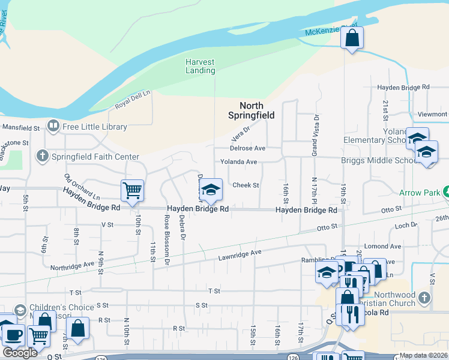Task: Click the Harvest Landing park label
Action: click(200, 66)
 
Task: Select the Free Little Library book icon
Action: click(54, 126)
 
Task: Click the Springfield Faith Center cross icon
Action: click(42, 157)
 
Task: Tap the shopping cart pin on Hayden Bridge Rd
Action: click(132, 191)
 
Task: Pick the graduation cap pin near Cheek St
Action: click(210, 190)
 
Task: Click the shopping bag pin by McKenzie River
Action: click(352, 38)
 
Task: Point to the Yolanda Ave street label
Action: click(238, 162)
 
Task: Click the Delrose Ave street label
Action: click(247, 148)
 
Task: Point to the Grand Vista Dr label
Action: click(313, 136)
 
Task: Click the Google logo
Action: click(20, 353)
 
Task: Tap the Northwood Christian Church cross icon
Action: click(424, 298)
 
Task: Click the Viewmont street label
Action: click(433, 114)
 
